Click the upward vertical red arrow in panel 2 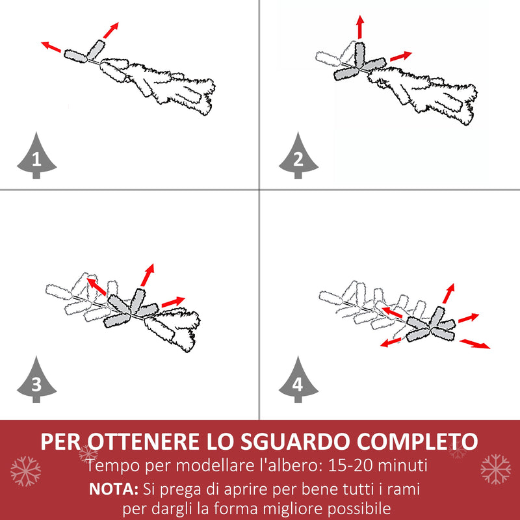coord(359,28)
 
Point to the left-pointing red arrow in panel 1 coord(53,47)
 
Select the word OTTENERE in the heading coord(142,441)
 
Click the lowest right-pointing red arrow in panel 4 coord(475,343)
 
